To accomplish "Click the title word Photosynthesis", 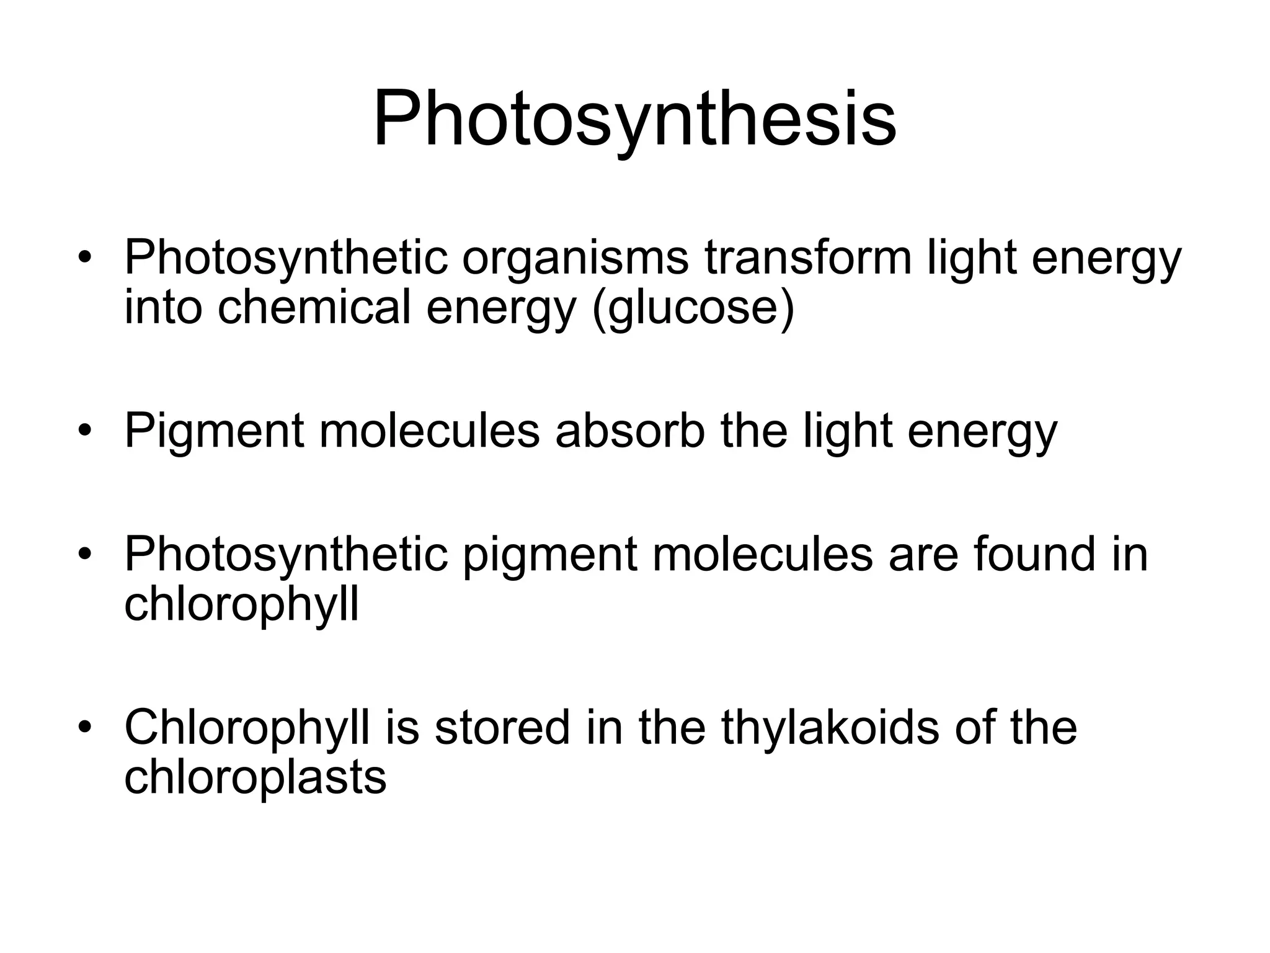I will click(634, 119).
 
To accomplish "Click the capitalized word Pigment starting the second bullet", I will click(214, 431).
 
